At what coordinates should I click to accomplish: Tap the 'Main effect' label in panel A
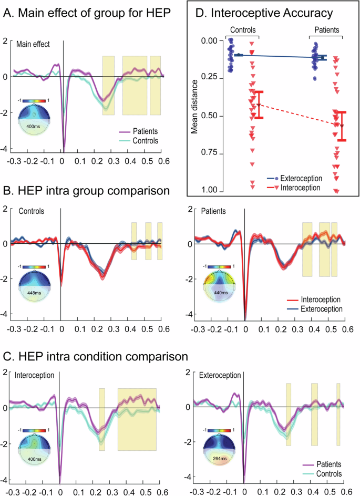(x=33, y=45)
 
